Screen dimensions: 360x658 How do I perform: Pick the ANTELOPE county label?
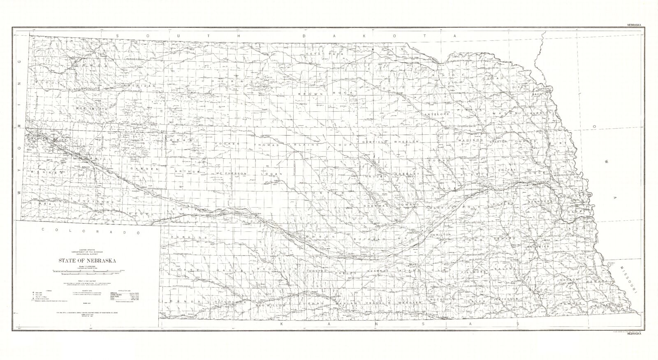[436, 114]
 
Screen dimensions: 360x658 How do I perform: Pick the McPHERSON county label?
[231, 174]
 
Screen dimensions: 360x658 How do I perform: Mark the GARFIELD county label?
[374, 142]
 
